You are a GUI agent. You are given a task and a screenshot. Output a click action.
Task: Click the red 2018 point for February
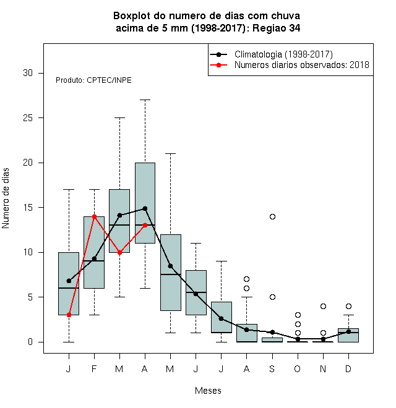94,216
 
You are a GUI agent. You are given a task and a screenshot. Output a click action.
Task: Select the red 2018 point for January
69,315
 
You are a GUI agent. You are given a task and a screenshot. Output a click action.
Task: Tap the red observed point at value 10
119,252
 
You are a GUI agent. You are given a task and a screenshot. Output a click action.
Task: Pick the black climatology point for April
145,208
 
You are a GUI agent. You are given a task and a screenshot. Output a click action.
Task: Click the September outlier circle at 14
272,216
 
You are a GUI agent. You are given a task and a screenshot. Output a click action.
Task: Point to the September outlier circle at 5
272,297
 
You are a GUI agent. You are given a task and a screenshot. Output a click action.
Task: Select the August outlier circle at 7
246,279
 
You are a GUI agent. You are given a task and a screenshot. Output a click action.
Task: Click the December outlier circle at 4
348,306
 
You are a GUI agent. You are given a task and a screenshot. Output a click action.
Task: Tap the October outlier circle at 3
298,315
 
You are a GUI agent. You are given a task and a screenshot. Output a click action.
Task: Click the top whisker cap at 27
145,100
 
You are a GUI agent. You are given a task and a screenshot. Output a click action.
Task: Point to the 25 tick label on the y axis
28,118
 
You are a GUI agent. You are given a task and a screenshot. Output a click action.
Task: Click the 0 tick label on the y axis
30,342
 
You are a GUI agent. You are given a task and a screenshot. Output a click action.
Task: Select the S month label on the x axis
272,368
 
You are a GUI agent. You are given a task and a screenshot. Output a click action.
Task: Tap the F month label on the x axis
94,368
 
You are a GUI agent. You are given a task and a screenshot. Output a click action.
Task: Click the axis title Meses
208,391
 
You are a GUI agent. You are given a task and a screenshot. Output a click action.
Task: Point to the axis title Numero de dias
6,198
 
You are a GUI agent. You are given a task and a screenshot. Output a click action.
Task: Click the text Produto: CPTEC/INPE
93,80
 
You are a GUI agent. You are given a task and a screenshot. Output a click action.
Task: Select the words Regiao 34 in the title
276,28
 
